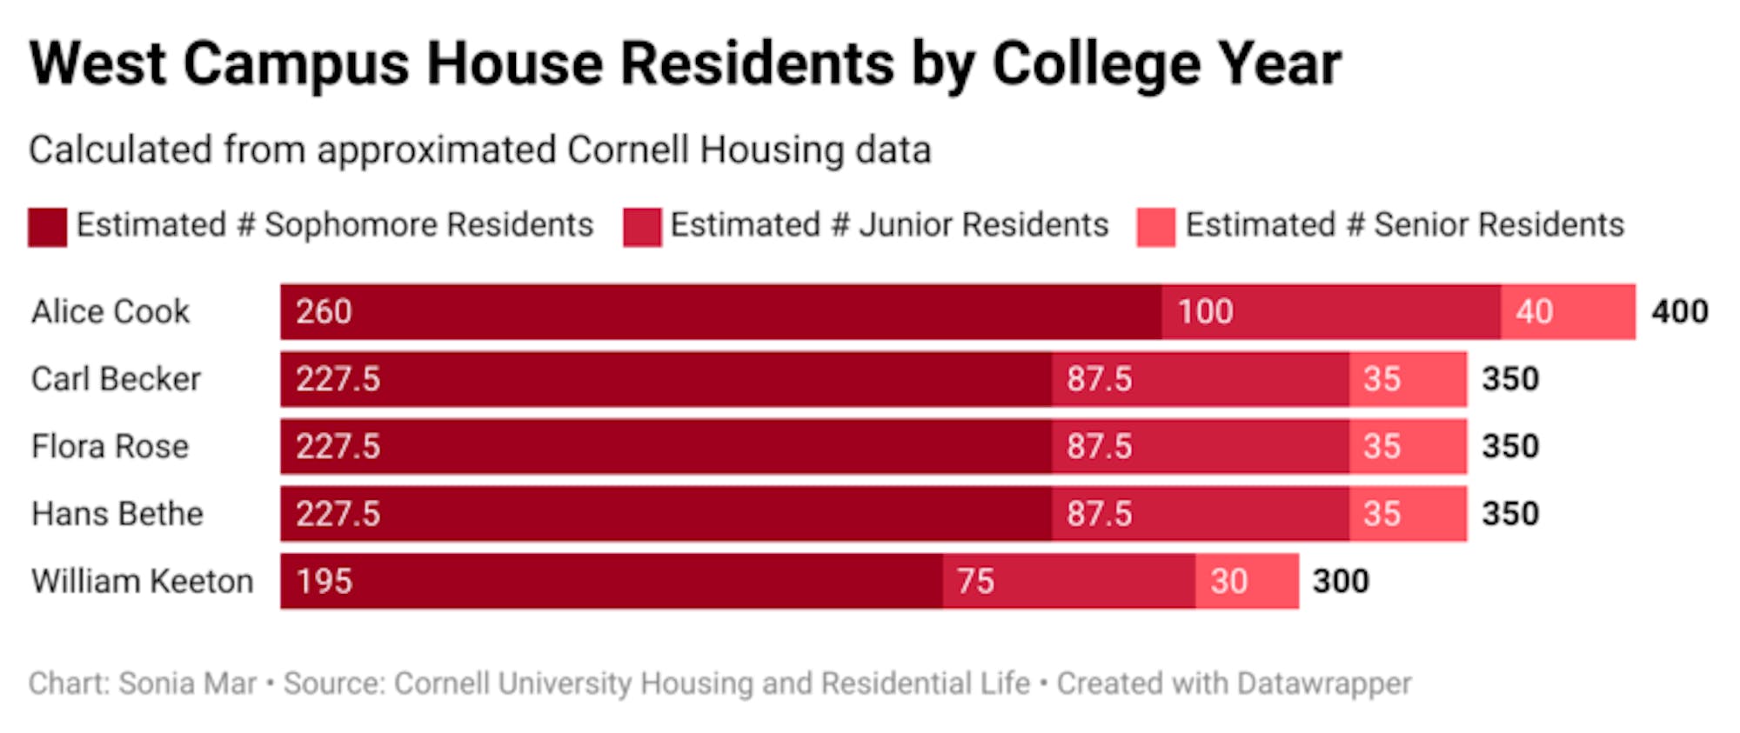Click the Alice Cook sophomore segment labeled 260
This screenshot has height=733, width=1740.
[720, 311]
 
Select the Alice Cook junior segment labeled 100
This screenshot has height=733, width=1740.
[1330, 311]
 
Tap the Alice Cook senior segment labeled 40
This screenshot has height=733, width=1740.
[1568, 311]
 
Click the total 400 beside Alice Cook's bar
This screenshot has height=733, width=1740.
[1680, 311]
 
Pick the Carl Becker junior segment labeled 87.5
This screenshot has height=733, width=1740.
[1200, 379]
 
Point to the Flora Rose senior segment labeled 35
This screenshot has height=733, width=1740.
[1408, 446]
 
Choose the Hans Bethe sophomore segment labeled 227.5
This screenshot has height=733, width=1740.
[666, 514]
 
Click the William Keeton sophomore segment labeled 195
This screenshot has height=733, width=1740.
[611, 581]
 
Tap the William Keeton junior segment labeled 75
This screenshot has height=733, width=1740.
[1068, 581]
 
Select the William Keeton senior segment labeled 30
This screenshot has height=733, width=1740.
[1247, 581]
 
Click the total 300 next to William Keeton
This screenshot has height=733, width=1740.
[1341, 581]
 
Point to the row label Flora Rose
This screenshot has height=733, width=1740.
[110, 446]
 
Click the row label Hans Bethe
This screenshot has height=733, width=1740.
[117, 514]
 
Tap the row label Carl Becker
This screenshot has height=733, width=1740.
[116, 379]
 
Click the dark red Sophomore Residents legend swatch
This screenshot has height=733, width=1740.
[47, 227]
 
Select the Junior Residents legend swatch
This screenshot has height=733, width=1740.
[642, 227]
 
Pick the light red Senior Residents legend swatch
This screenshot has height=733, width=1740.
[1155, 227]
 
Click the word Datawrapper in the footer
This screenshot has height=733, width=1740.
[1323, 683]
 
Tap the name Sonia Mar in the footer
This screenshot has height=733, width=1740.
[187, 683]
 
